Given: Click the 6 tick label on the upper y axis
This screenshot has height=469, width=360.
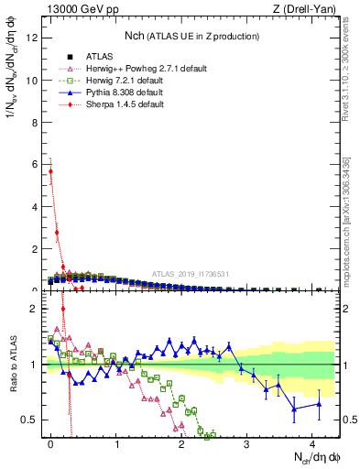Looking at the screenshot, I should pyautogui.click(x=34, y=164).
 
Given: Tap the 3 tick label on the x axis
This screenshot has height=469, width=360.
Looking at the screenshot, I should pyautogui.click(x=246, y=442).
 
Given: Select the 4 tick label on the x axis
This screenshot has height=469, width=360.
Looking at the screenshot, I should pyautogui.click(x=311, y=442).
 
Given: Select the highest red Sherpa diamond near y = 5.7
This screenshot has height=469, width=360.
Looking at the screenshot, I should pyautogui.click(x=51, y=171).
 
